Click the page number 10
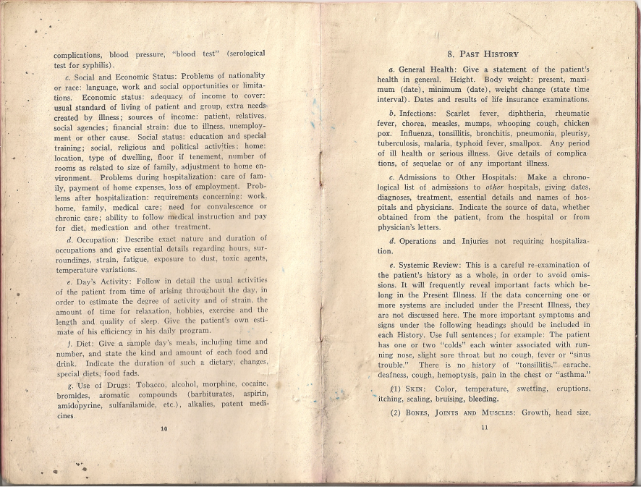click(164, 429)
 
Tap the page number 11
click(483, 427)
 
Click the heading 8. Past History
click(483, 54)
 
